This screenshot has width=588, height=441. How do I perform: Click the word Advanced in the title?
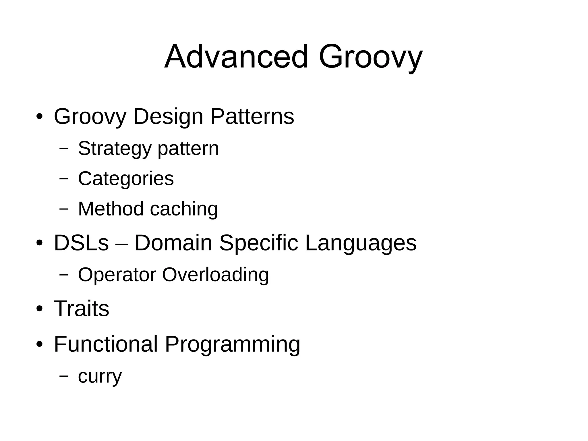click(236, 57)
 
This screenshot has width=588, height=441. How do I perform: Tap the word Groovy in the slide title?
click(370, 57)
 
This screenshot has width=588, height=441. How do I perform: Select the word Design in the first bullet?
click(168, 116)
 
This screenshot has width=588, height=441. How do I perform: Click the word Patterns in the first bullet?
click(252, 116)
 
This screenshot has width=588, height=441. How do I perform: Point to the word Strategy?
click(114, 149)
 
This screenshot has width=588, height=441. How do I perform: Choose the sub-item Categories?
click(126, 179)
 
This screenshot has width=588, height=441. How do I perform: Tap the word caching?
click(184, 209)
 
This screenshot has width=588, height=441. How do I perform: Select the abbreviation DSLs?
click(81, 243)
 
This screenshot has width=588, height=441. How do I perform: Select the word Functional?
click(106, 344)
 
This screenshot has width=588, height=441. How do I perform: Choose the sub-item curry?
click(100, 377)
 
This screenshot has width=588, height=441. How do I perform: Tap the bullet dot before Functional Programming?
click(40, 344)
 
